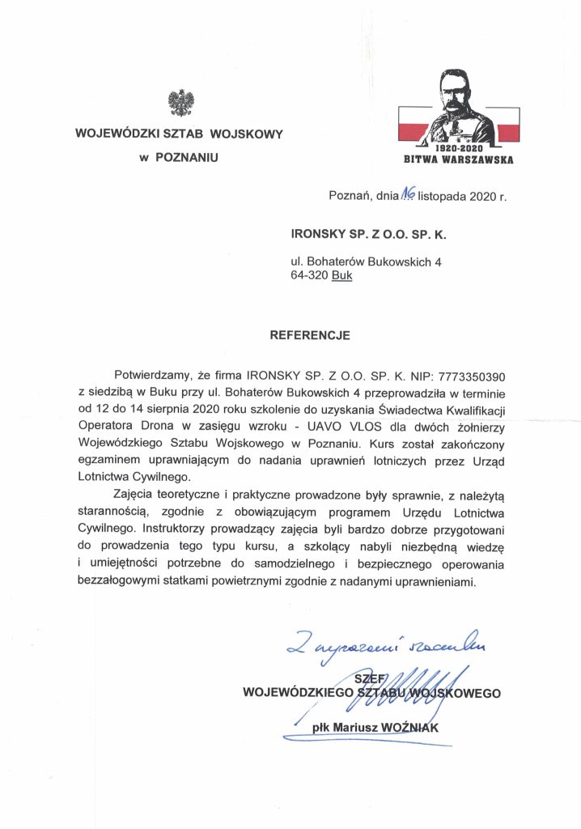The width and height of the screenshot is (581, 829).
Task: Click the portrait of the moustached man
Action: click(x=458, y=105)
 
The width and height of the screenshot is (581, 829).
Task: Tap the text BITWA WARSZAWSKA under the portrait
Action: click(x=458, y=160)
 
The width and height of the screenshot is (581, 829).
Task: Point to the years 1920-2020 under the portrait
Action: click(x=459, y=149)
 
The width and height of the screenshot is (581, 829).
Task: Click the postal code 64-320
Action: click(x=310, y=275)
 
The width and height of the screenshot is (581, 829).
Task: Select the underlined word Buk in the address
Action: click(x=343, y=275)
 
